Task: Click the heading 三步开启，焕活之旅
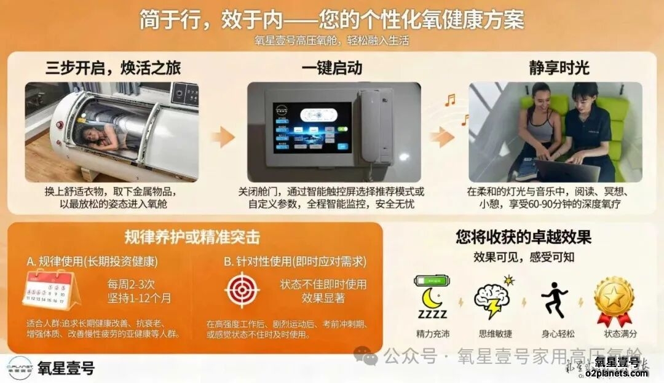[113, 67]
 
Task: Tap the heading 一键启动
[332, 67]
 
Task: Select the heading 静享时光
[559, 67]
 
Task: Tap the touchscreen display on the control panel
[312, 127]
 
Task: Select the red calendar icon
[50, 290]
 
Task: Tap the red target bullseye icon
[242, 290]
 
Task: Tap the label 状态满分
[620, 334]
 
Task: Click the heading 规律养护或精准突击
[191, 237]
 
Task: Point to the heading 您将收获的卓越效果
[523, 237]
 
